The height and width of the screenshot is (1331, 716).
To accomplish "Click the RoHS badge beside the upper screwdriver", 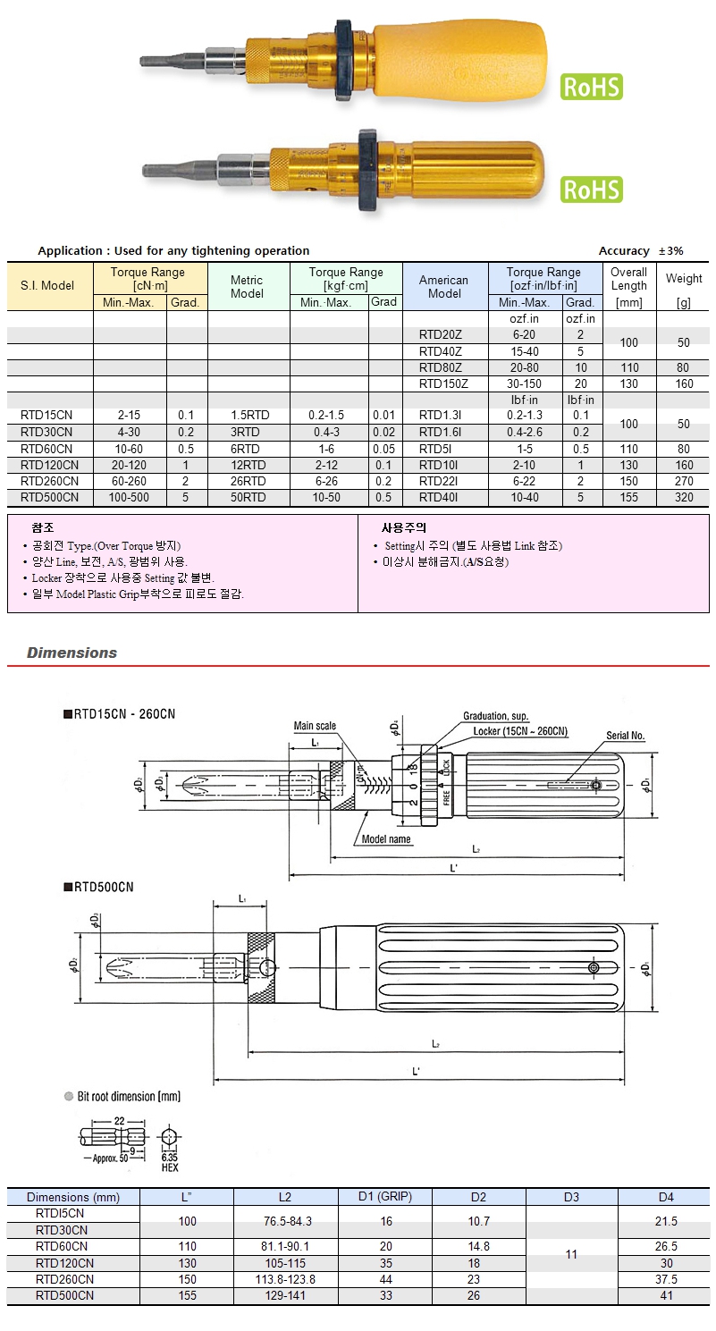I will pos(591,87).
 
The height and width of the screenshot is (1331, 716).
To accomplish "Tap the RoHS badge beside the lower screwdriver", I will pos(591,190).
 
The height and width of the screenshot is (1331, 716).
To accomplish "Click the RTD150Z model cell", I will pos(444,383).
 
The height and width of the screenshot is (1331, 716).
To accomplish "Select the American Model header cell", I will pos(444,286).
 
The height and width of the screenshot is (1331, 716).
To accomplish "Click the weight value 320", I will pos(684,497).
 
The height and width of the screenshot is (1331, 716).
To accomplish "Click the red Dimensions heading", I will pos(72,653).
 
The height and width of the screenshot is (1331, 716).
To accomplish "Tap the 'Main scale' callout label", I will pos(315,726).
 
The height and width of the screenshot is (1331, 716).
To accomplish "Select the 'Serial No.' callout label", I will pos(625,736).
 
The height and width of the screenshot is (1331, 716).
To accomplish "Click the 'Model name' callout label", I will pos(386,839).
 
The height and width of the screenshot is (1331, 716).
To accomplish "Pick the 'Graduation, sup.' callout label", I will pos(496,716).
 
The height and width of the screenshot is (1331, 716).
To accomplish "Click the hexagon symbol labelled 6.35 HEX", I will pos(170,1138).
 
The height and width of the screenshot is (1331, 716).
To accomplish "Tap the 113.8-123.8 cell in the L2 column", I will pos(284,1279).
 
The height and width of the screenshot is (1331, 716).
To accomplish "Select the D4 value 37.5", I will pos(665,1279).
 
